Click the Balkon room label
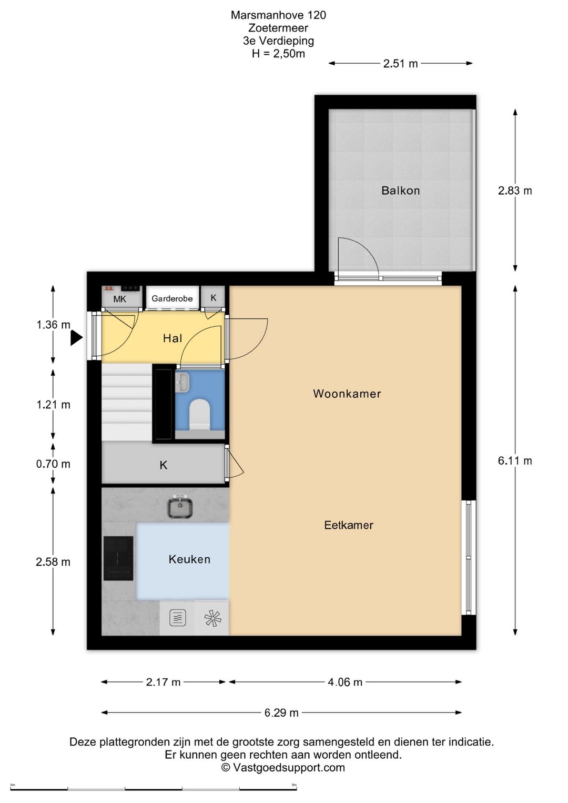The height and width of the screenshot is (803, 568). pyautogui.click(x=400, y=190)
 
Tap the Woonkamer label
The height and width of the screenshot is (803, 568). pyautogui.click(x=347, y=394)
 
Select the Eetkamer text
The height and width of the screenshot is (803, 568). pyautogui.click(x=349, y=525)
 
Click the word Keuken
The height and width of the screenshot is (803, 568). pyautogui.click(x=189, y=559)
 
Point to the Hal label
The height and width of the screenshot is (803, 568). pyautogui.click(x=173, y=338)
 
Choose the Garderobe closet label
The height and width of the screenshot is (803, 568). pyautogui.click(x=172, y=298)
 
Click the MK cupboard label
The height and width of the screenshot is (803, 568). pyautogui.click(x=120, y=299)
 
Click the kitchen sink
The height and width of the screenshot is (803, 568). pyautogui.click(x=180, y=507)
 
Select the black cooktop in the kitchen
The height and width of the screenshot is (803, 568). pyautogui.click(x=118, y=558)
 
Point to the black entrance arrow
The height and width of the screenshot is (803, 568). pyautogui.click(x=76, y=338)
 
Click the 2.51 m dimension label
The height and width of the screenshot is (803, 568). pyautogui.click(x=400, y=64)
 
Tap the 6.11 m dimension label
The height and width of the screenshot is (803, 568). pyautogui.click(x=514, y=460)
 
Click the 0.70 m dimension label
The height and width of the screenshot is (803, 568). pyautogui.click(x=53, y=464)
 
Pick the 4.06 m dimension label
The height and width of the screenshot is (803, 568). pyautogui.click(x=344, y=682)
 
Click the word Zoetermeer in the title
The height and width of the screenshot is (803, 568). pyautogui.click(x=278, y=27)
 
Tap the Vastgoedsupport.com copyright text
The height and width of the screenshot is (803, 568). pyautogui.click(x=283, y=767)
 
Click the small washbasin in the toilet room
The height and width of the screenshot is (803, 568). pyautogui.click(x=183, y=382)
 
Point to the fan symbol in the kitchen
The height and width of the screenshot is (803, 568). pyautogui.click(x=212, y=618)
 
